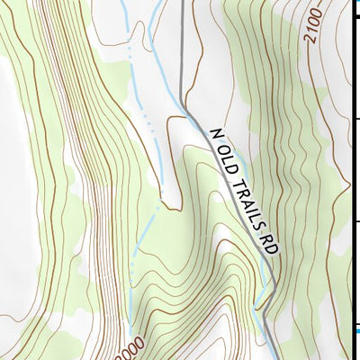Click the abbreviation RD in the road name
click(266, 241)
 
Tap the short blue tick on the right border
click(355, 331)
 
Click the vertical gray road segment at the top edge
click(182, 36)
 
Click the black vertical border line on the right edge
click(352, 180)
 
